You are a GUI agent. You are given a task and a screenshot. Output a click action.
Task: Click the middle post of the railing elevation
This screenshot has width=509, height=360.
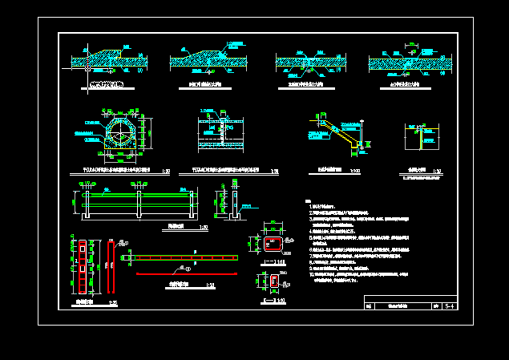tap(140, 204)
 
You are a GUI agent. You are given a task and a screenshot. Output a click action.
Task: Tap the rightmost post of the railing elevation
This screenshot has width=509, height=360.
tap(192, 204)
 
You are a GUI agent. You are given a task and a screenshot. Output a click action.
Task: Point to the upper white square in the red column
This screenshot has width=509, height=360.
tap(80, 249)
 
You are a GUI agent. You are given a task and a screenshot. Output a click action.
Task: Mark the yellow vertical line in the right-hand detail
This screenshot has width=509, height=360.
tap(422, 138)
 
